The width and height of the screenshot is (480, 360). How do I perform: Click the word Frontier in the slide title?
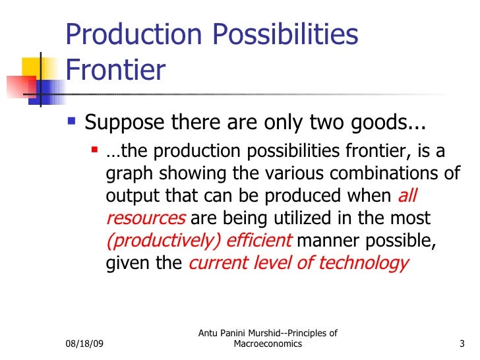115,70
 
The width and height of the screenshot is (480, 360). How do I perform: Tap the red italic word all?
407,196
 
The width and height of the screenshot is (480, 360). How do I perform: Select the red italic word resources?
146,218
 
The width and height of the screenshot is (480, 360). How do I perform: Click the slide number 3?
461,344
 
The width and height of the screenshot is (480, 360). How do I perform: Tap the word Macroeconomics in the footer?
268,344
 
